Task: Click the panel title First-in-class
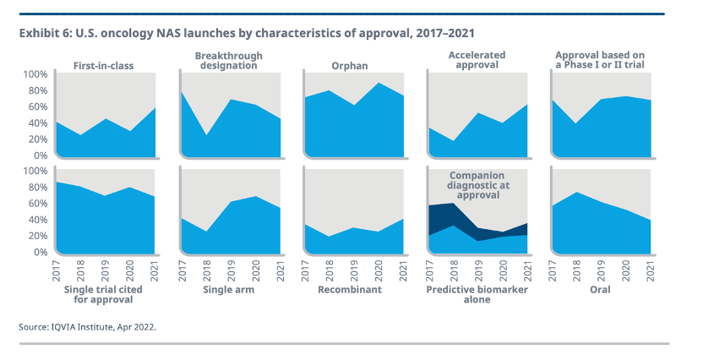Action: pos(104,65)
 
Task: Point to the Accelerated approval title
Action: pos(473,60)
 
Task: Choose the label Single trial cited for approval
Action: pos(104,295)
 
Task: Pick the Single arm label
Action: pos(228,289)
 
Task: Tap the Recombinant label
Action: pos(350,289)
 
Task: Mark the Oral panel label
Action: pos(602,289)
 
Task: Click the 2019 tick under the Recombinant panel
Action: pos(353,268)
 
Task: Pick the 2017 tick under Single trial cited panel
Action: pos(57,268)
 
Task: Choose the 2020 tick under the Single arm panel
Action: pos(254,268)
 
